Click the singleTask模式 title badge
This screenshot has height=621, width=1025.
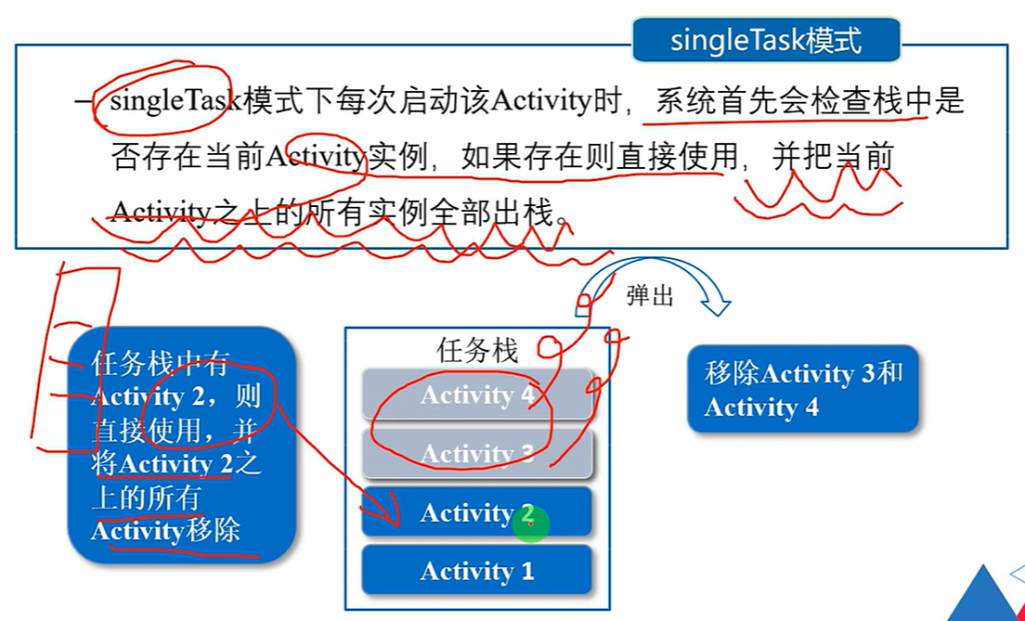click(x=766, y=41)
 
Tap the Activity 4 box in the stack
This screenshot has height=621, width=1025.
click(x=477, y=395)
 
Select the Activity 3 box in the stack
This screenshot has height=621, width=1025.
click(x=477, y=454)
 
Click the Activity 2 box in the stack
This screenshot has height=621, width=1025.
click(x=477, y=512)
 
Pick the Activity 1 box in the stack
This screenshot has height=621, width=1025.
click(x=477, y=571)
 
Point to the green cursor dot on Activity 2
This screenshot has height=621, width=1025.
click(x=530, y=524)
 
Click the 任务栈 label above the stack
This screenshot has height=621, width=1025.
click(x=477, y=350)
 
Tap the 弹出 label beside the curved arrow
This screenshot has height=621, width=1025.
click(x=650, y=296)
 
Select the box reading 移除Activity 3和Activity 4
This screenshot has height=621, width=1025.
click(x=802, y=389)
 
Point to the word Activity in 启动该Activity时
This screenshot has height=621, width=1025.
click(x=539, y=100)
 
